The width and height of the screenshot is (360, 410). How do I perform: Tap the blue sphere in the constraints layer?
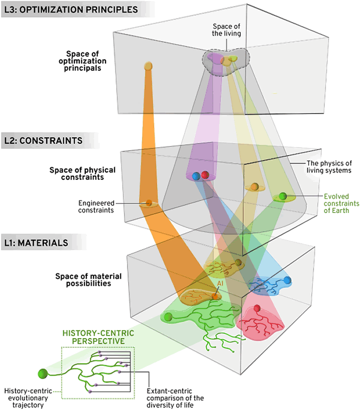(x=195, y=176)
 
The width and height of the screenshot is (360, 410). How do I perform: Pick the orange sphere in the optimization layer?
(x=148, y=66)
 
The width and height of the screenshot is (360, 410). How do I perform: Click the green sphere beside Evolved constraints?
(x=282, y=196)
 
